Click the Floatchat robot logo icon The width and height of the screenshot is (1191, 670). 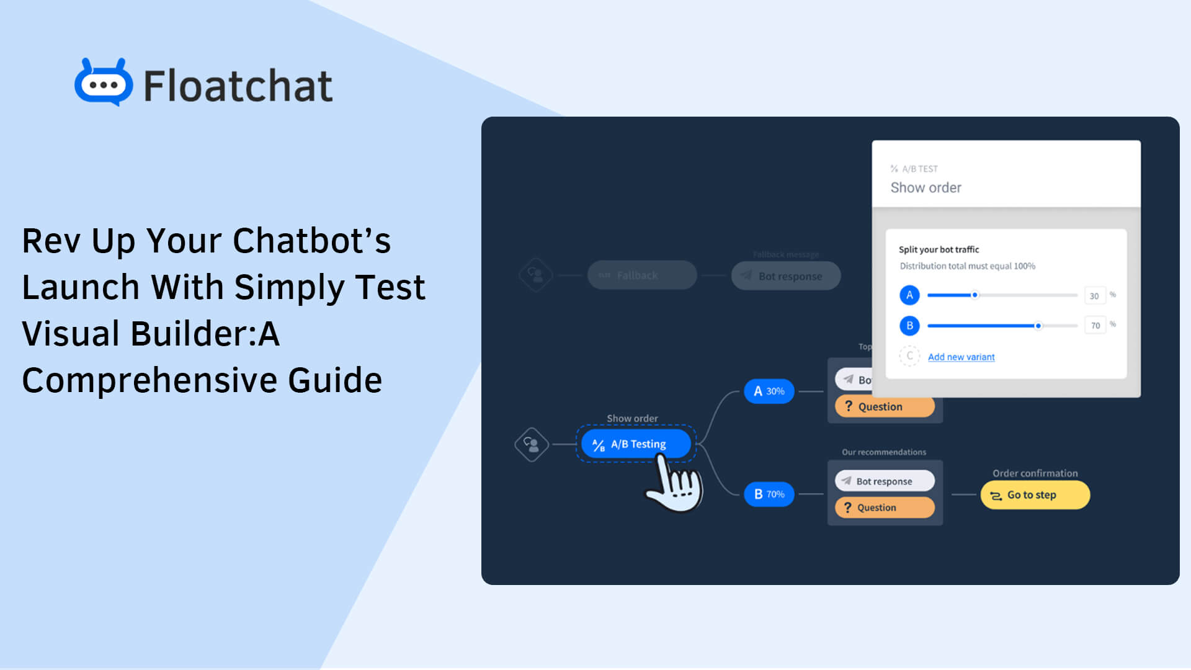104,83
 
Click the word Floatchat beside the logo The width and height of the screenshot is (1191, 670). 238,86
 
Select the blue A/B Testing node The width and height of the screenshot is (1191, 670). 636,444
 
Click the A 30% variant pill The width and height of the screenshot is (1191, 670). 769,391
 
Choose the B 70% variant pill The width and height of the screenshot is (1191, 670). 769,494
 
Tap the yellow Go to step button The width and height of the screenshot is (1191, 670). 1035,495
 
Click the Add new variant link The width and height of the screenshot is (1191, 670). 961,357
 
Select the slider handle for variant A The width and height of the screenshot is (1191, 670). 975,295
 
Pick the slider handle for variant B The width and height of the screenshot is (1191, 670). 1038,326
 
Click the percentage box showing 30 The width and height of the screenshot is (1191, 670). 1094,296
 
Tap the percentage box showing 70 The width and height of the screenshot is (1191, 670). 1095,326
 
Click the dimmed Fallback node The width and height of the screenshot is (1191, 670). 642,275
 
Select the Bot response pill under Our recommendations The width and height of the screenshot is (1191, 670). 885,481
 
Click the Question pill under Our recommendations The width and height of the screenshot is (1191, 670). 885,507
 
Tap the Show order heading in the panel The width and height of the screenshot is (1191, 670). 926,187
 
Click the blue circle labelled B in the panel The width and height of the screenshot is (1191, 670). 909,326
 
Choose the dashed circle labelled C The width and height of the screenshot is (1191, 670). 909,356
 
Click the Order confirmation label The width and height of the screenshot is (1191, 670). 1035,473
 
